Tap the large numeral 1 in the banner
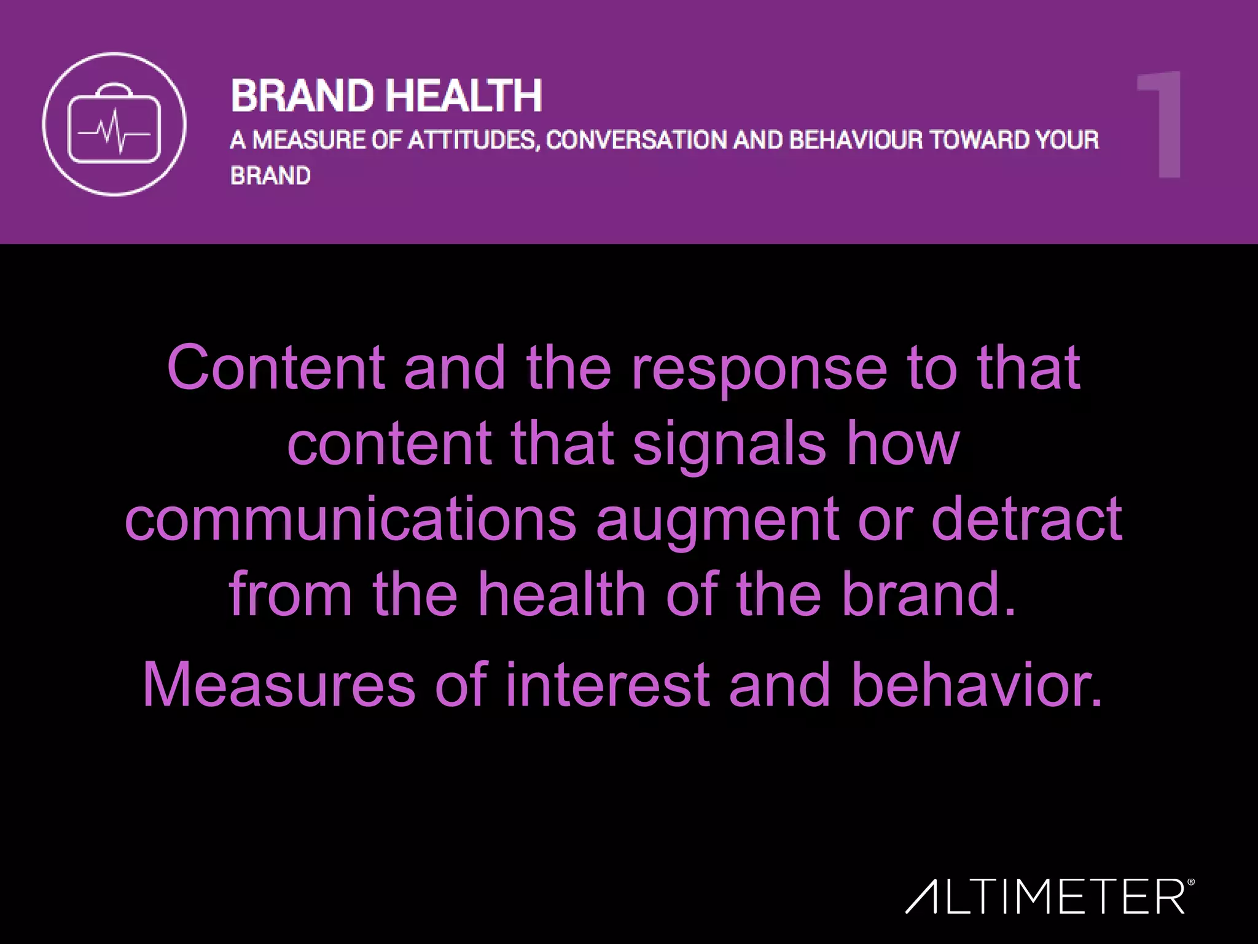pos(1160,125)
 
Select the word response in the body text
pos(759,369)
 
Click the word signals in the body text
pos(729,444)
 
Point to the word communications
pos(350,519)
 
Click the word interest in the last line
pos(608,685)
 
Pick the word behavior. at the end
pos(977,685)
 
